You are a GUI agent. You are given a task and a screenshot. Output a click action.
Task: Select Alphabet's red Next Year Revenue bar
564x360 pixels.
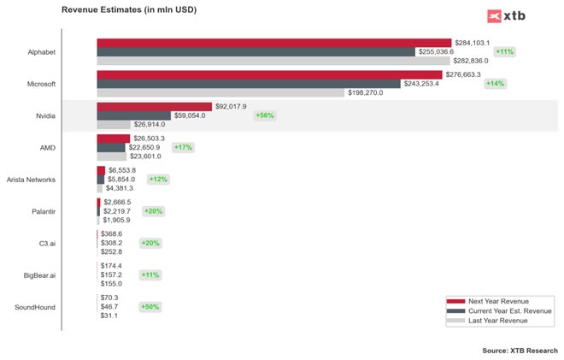[x=273, y=43]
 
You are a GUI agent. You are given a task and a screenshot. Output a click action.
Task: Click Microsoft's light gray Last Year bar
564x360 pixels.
[x=220, y=92]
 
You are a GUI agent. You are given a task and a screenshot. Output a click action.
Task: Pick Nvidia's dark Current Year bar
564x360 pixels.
[x=133, y=115]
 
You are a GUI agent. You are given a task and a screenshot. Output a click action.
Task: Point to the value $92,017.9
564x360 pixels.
[x=231, y=107]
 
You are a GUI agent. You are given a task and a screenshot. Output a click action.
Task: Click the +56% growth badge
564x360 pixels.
[x=265, y=115]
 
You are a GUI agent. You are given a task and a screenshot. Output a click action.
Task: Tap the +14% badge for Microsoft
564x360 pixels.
[x=495, y=84]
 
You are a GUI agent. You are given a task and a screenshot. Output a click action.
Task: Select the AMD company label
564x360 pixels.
[x=48, y=147]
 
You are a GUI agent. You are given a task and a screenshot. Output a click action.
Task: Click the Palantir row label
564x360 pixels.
[x=43, y=211]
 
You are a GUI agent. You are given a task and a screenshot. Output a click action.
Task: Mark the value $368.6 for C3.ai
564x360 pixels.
[x=112, y=233]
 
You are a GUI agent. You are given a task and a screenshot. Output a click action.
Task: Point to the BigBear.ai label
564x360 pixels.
[x=40, y=274]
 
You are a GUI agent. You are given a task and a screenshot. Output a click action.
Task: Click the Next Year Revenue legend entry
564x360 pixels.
[x=498, y=301]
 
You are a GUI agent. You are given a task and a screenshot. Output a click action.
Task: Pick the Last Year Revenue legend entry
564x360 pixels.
[x=498, y=321]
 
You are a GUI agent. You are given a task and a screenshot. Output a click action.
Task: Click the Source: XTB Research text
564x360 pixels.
[x=520, y=351]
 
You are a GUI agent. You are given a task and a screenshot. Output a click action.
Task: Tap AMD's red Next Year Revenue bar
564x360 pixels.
[x=113, y=139]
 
